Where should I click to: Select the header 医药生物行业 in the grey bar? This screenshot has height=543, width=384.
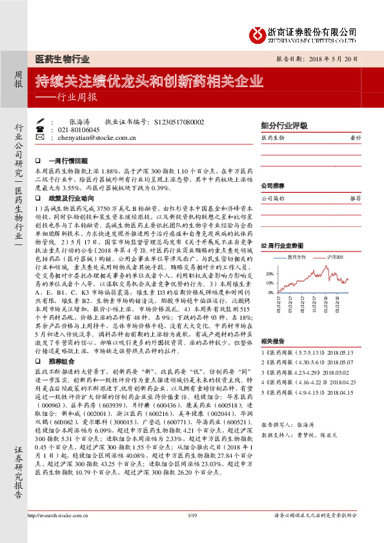click(x=63, y=60)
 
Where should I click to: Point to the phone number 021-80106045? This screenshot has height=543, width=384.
click(x=79, y=130)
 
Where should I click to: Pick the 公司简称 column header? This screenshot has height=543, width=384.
click(x=274, y=199)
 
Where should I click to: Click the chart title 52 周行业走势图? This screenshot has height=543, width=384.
click(x=281, y=246)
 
